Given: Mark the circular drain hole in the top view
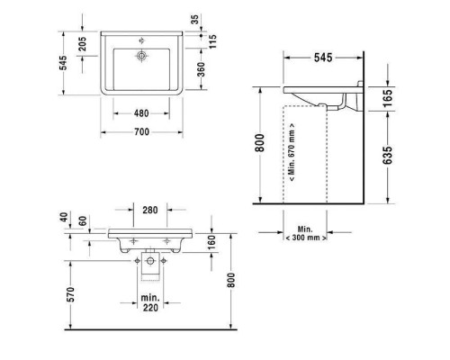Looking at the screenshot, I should pos(142,56).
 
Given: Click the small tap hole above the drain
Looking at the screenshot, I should pos(142,40).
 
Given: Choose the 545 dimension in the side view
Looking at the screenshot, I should pos(322,58).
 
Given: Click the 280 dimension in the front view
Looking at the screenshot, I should pos(151,211).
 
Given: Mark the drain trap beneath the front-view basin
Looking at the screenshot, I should pos(150,263).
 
